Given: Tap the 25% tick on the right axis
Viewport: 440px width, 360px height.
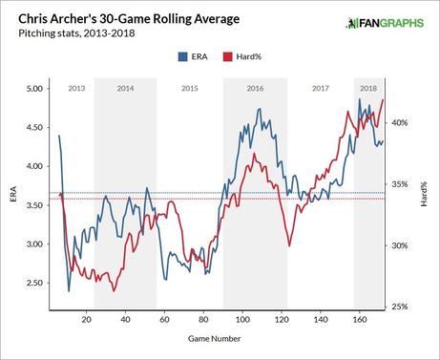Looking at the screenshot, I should click(401, 307).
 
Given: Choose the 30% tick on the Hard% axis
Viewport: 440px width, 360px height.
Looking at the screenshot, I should click(401, 245).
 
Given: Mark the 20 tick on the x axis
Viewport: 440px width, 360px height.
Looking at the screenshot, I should click(87, 319).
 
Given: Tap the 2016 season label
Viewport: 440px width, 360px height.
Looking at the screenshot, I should click(255, 88).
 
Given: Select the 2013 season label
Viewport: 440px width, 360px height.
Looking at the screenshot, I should click(76, 88).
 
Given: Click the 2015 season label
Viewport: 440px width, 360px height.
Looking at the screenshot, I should click(189, 88).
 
